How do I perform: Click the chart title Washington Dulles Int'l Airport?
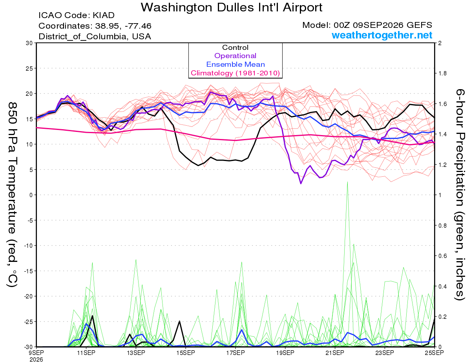pos(232,7)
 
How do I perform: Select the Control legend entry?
pos(235,48)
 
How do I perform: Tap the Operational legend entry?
pos(235,56)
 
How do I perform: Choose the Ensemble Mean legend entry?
pos(235,64)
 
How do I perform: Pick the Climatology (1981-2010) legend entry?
pos(235,73)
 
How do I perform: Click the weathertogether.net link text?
pos(382,35)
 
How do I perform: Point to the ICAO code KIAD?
pos(104,15)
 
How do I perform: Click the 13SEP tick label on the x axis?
pos(136,353)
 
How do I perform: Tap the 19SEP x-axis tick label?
pos(285,353)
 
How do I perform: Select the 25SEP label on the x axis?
pos(434,353)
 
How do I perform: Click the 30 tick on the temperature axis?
pos(29,43)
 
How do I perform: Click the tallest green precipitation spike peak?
pos(347,182)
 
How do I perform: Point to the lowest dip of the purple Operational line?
pos(301,184)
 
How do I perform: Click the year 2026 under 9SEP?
pos(36,360)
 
